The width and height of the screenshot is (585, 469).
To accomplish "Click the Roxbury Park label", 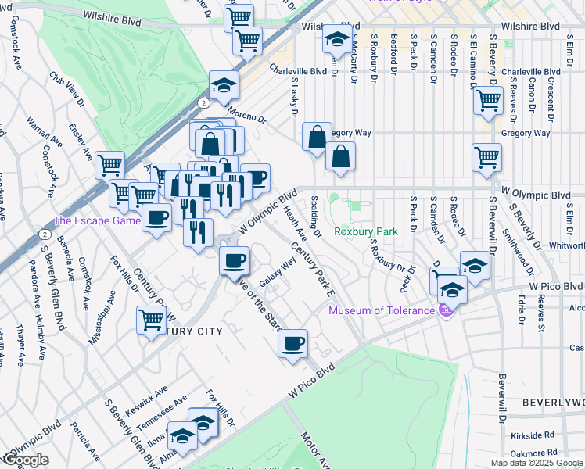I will coord(366,231).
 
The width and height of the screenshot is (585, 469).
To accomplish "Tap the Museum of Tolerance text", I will coord(381,311).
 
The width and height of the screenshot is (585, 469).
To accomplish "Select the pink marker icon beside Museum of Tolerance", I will coord(446,311).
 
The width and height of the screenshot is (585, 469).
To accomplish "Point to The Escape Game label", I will coord(96,221).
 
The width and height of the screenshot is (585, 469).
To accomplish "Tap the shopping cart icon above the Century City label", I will coord(151,319).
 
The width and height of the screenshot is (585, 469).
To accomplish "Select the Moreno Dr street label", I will coord(249,116).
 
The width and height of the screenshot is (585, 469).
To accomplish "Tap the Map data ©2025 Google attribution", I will coord(537,463).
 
